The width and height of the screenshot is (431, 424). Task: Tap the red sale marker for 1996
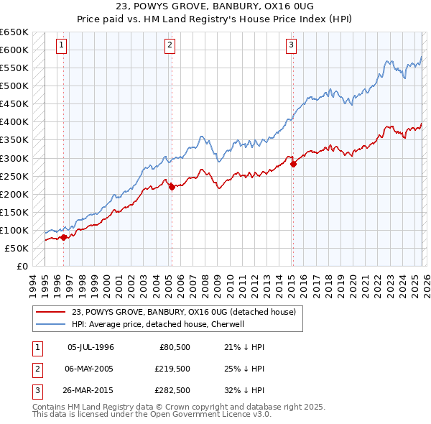63,236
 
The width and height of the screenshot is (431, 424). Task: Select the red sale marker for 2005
171,187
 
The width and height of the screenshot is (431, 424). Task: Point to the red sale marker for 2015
293,164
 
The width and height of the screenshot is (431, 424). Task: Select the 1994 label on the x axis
32,285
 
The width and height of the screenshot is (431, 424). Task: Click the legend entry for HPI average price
158,324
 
